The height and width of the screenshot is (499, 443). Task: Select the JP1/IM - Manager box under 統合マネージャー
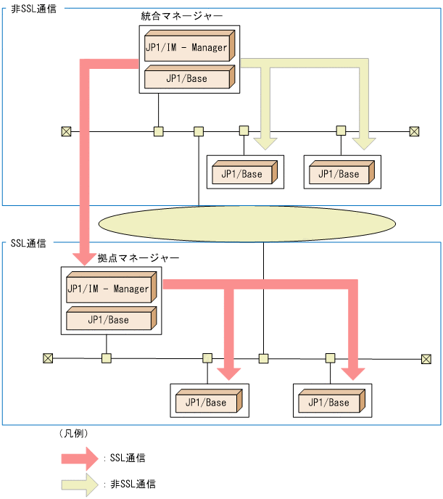[187, 48]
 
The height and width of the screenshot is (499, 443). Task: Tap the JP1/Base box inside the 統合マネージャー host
[187, 78]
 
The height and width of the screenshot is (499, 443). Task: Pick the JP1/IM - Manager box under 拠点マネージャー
[109, 289]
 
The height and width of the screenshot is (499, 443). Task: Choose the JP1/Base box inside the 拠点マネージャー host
[109, 319]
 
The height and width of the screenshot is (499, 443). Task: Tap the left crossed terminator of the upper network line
[66, 131]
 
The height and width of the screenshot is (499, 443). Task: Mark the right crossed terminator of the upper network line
[414, 131]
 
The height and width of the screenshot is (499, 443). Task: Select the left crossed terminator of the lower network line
[48, 358]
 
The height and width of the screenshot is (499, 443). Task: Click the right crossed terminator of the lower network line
[426, 358]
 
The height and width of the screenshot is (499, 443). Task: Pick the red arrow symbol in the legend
[79, 458]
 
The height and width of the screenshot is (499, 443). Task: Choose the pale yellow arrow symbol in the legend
[79, 483]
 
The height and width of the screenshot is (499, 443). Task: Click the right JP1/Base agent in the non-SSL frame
[339, 173]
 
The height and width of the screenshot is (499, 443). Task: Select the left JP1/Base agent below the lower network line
[207, 402]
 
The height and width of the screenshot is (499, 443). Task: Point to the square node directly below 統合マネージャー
[158, 131]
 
